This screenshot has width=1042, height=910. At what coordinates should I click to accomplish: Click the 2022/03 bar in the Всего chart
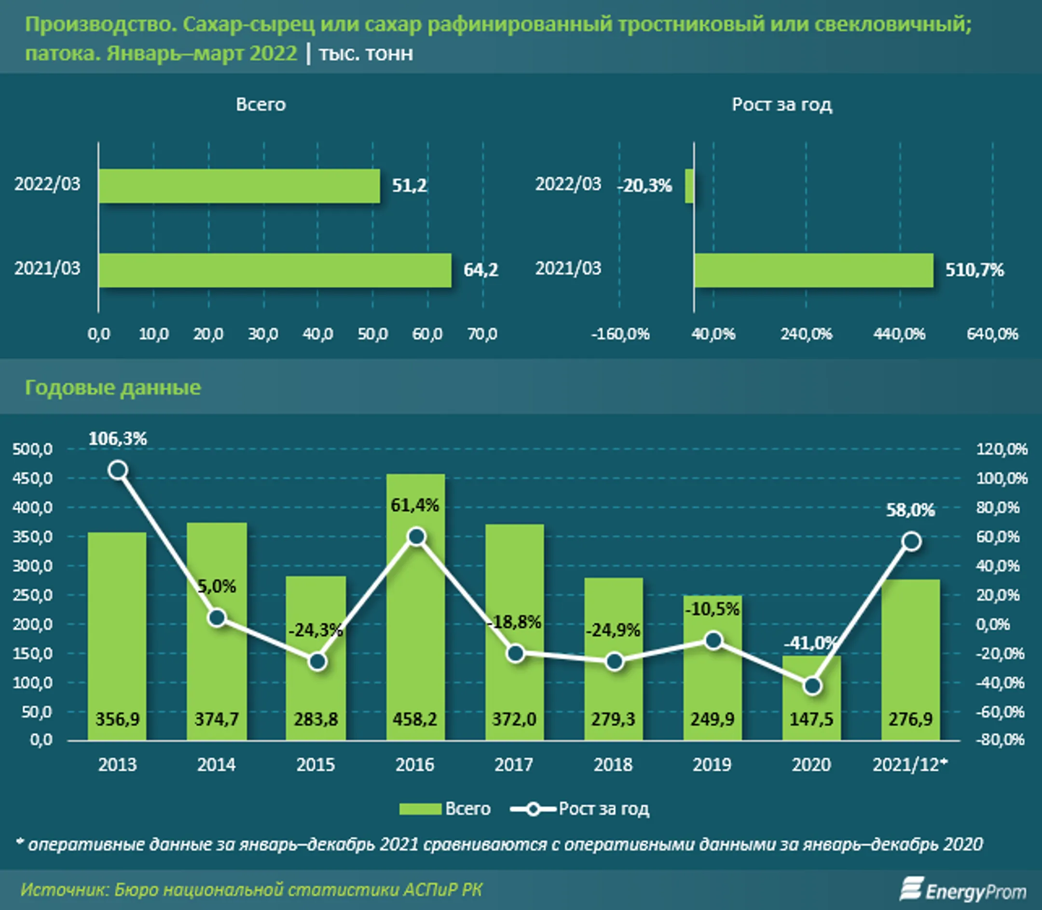239,186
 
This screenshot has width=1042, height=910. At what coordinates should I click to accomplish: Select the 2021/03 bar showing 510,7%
813,270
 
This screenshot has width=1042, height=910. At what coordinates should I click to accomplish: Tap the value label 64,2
480,270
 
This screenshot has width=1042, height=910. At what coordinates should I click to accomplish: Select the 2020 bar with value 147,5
811,698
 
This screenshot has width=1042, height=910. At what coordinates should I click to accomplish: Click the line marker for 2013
118,470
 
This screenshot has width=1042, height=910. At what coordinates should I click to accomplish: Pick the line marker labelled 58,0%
911,542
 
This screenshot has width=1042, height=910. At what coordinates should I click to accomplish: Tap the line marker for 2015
317,662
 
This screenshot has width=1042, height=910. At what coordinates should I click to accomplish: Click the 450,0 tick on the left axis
32,478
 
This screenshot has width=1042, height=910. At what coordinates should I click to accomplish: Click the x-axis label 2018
613,765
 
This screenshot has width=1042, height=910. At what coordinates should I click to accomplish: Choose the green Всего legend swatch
420,809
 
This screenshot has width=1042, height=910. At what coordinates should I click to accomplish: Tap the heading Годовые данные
113,387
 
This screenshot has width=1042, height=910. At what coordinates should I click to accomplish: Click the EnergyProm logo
962,891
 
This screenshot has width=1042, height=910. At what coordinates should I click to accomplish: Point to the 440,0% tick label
899,334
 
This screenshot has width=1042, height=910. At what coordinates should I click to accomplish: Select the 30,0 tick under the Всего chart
262,334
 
